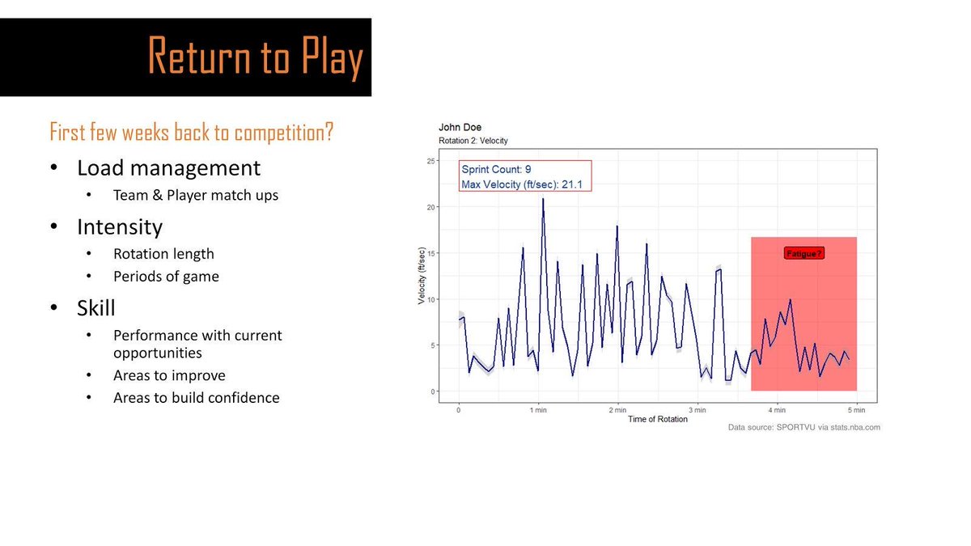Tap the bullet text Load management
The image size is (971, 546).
click(x=168, y=168)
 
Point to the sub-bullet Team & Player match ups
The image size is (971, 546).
click(x=195, y=195)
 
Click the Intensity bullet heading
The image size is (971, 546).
click(x=120, y=226)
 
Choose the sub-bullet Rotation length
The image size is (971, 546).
click(x=163, y=254)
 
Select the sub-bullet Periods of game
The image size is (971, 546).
click(x=166, y=277)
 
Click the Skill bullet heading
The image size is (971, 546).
click(x=95, y=308)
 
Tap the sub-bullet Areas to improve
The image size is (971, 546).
click(x=169, y=375)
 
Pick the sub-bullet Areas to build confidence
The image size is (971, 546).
click(x=196, y=398)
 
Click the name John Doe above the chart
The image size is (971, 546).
click(x=460, y=128)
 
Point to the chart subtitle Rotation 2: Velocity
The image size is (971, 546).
click(x=473, y=142)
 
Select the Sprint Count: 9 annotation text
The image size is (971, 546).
click(x=495, y=170)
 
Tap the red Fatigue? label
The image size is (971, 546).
click(x=804, y=254)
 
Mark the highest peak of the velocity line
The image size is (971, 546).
click(x=542, y=198)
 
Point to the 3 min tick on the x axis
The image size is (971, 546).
click(x=698, y=409)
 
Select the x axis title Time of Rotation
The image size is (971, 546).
click(x=657, y=419)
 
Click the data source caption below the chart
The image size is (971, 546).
click(x=804, y=428)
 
